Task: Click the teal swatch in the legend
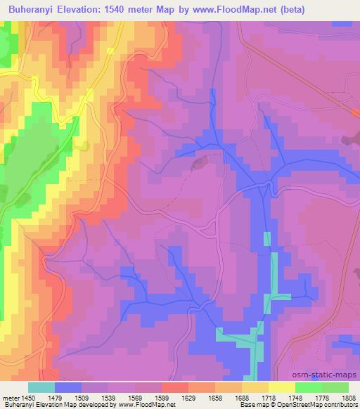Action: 41,387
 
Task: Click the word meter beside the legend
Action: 10,398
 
